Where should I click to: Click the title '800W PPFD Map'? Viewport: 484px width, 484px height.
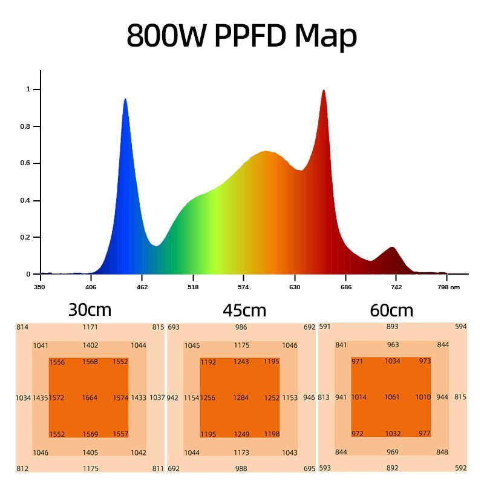pos(242,36)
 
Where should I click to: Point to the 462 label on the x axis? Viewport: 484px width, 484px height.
pos(142,287)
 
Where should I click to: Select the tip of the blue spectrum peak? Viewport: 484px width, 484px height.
pos(125,100)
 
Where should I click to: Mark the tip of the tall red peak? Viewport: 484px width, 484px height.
pos(324,91)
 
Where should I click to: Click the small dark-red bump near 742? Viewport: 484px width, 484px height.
pos(392,248)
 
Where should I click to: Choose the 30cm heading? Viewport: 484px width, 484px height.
pos(90,310)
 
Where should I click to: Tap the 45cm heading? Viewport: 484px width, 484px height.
pos(244,310)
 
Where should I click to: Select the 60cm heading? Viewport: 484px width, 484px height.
pos(391,310)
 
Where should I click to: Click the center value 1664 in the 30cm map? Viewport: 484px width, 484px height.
pos(89,397)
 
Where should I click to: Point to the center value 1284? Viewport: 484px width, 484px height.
pos(241,397)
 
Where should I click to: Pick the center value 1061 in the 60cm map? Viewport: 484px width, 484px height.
pos(392,397)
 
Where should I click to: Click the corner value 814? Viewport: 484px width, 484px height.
pos(22,327)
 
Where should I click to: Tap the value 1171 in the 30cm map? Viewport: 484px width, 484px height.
pos(90,327)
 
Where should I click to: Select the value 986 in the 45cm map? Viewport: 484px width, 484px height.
pos(241,327)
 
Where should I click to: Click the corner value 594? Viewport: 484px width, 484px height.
pos(461,327)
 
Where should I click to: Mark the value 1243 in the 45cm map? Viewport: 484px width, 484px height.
pos(241,362)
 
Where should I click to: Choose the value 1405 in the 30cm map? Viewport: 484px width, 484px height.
pos(90,453)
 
